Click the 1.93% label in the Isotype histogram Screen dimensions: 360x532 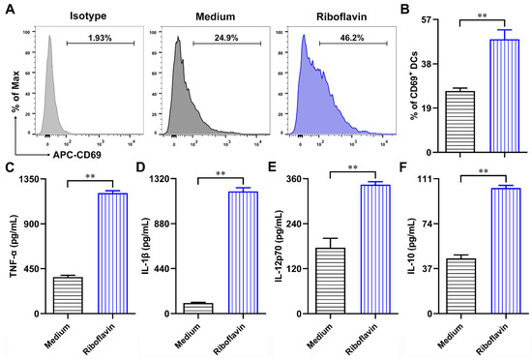coord(93,36)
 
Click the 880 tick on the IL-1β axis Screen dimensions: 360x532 coord(166,224)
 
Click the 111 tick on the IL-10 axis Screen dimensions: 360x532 coord(428,179)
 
